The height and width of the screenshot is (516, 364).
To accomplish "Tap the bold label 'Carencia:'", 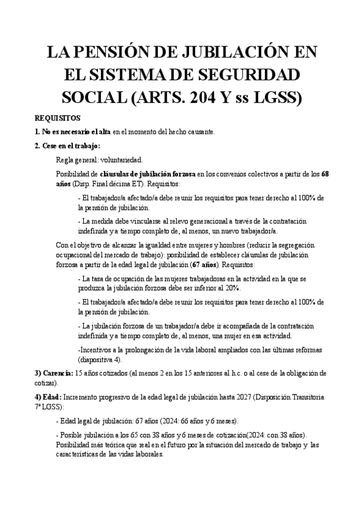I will (56, 373).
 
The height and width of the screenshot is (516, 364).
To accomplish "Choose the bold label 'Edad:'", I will (49, 396).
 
